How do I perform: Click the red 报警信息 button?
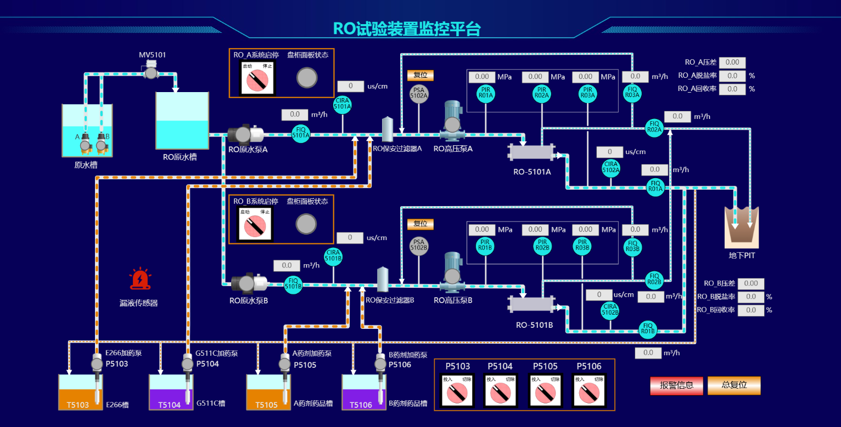(x=676, y=385)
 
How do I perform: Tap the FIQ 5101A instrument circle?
(x=301, y=133)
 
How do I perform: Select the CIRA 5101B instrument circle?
(x=333, y=255)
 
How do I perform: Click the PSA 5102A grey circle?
(x=419, y=94)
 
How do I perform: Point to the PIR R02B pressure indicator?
(x=542, y=246)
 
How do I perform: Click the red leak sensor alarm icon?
(x=140, y=279)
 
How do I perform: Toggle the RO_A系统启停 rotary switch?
(x=257, y=79)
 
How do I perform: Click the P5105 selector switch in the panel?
(x=545, y=390)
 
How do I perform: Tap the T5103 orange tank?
(x=77, y=392)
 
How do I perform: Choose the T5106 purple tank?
(x=361, y=392)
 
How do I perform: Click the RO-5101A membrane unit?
(x=531, y=152)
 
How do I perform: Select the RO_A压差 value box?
(x=732, y=62)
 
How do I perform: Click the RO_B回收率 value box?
(x=750, y=310)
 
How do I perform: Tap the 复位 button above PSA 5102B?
(x=420, y=224)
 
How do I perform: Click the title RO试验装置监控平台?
(x=407, y=29)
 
